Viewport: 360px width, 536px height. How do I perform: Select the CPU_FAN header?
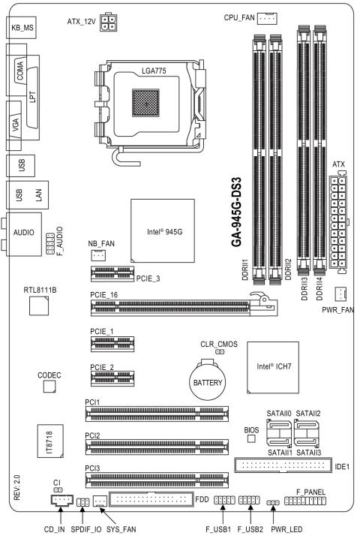click(267, 18)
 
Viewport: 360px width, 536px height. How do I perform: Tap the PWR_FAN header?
click(340, 294)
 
